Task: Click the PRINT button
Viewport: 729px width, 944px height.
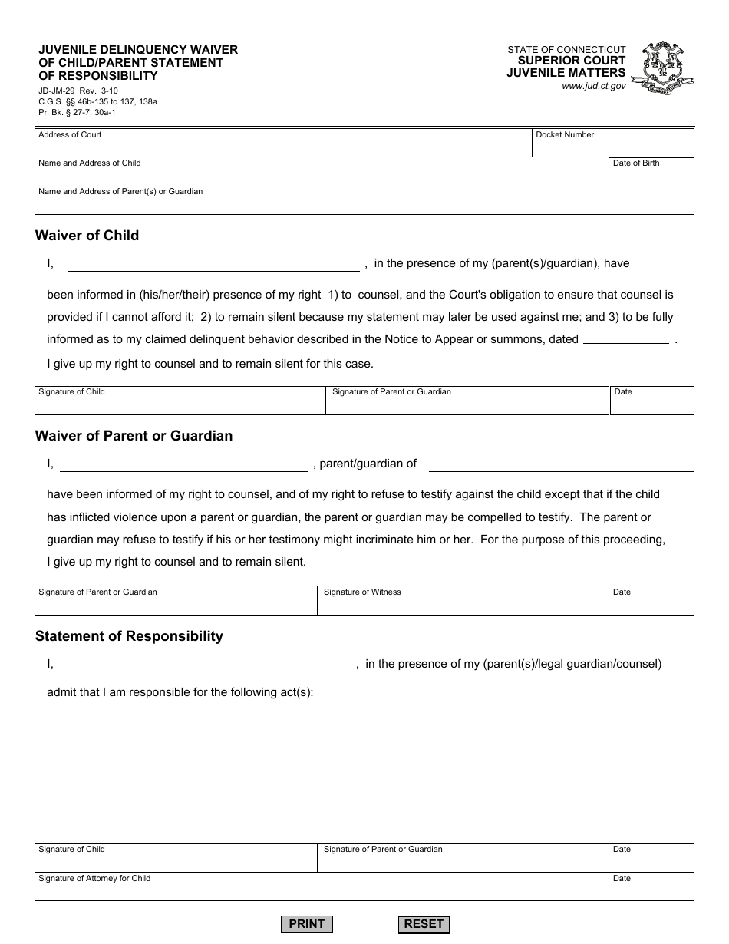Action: click(307, 924)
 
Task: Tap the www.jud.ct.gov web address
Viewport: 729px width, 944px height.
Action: click(593, 87)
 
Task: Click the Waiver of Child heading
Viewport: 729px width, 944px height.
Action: click(87, 236)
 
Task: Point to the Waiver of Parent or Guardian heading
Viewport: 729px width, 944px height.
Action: click(134, 436)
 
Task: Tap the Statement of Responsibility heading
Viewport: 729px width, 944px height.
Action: click(129, 636)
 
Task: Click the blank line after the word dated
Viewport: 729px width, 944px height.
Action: click(626, 340)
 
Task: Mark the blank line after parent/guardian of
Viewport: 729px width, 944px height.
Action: click(561, 464)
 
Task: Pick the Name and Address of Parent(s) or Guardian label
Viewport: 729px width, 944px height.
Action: click(120, 192)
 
